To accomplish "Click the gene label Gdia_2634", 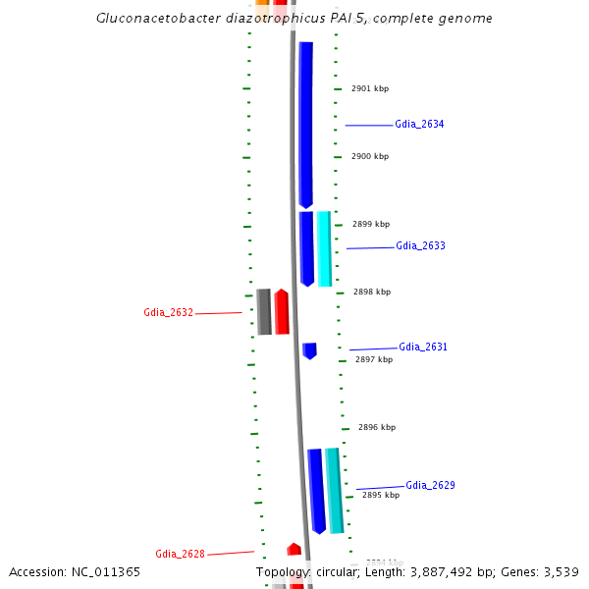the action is [419, 125].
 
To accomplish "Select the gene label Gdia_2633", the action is [420, 246].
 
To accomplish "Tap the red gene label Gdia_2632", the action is [168, 313].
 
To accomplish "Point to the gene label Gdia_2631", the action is [423, 348].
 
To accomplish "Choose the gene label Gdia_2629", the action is [430, 486].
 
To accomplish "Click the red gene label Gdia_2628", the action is [180, 555].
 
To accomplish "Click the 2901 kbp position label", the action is [370, 88].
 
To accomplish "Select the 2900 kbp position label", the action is [370, 157].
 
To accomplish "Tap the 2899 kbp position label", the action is [371, 225].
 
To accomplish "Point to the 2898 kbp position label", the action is [371, 293].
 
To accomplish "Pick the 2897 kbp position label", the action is [374, 360].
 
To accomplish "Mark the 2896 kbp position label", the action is [377, 428].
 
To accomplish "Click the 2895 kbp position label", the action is [381, 496].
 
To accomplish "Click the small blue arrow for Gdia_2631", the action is [309, 350].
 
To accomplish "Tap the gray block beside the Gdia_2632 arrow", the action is [264, 312].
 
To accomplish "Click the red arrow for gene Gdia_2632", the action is [282, 312].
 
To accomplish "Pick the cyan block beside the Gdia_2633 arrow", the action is [324, 248].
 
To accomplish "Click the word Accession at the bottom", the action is [37, 571].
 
